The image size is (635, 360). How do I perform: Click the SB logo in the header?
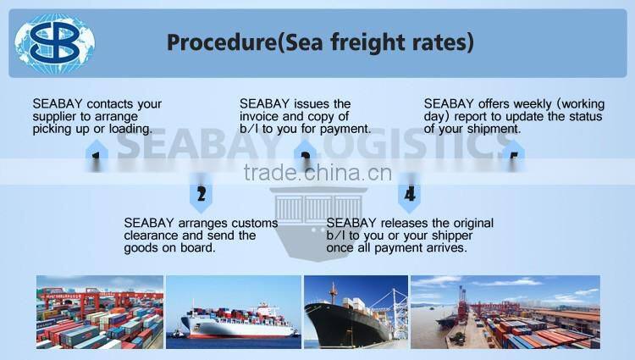point(56,42)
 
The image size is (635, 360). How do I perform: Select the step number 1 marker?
point(97,158)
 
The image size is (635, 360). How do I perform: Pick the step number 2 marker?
point(201,194)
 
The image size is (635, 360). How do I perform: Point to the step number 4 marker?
point(410,194)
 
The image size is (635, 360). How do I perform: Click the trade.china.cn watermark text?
point(317,174)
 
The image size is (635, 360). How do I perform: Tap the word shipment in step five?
point(491,130)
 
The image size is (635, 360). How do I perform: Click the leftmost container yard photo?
point(100,312)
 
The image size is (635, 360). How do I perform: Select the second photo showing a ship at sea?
point(233,312)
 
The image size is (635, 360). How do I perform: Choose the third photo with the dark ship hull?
point(356,312)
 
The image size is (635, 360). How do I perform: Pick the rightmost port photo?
point(505,312)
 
